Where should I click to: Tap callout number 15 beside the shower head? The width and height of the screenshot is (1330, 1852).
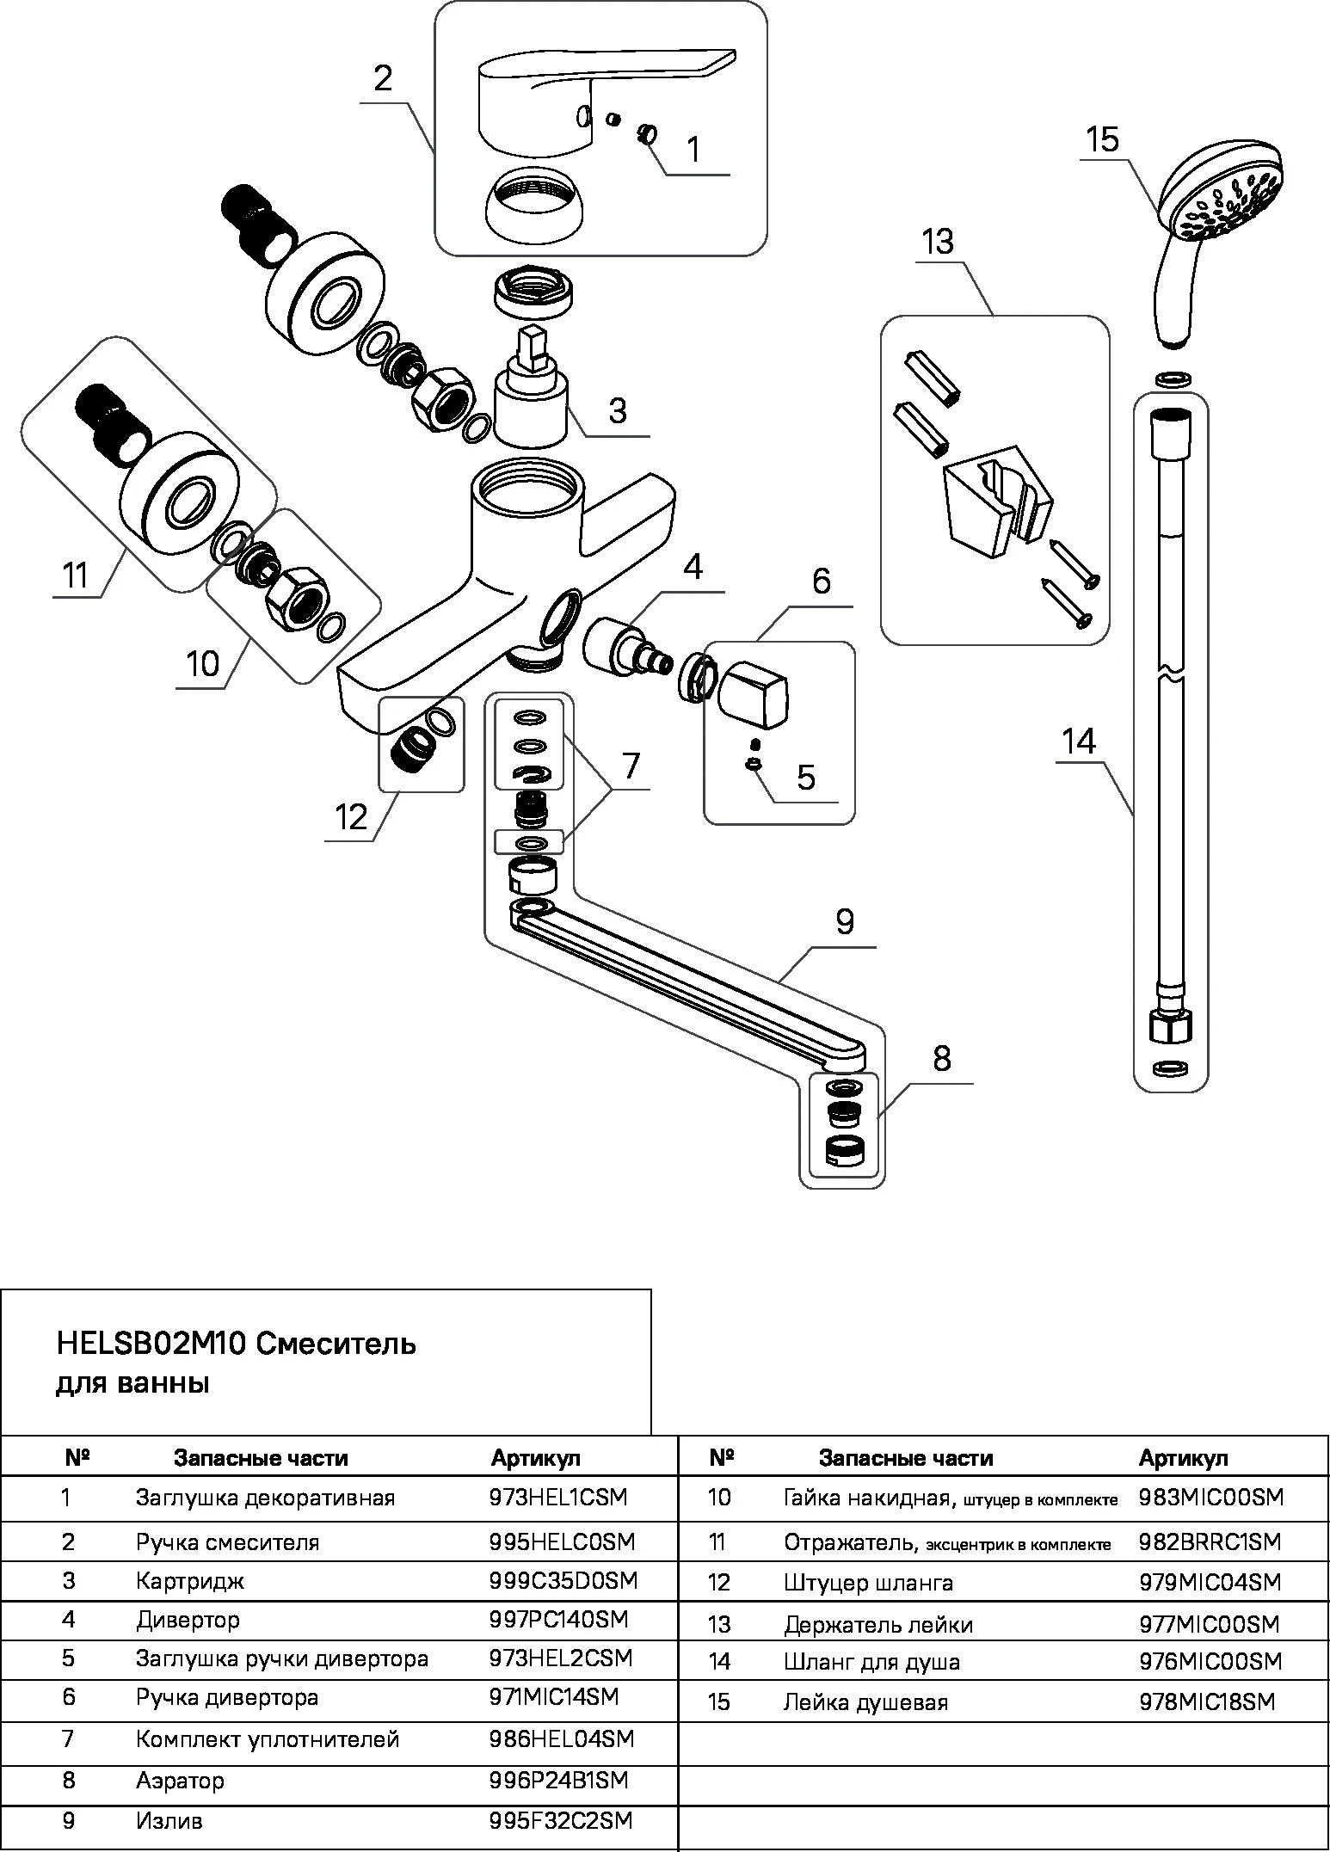pos(1102,140)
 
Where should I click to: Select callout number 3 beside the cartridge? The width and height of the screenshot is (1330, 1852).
pos(617,410)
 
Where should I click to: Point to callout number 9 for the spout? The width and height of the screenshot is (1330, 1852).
pos(844,921)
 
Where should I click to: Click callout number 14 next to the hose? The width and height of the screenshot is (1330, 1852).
pos(1079,741)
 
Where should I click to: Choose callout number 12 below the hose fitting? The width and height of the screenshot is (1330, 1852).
pos(351,816)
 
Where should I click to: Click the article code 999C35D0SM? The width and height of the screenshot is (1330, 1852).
pos(563,1580)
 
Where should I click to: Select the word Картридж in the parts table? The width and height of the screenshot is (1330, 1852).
pos(189,1580)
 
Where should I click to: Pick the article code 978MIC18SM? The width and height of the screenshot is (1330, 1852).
pos(1207,1701)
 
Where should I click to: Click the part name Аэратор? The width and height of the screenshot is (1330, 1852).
pos(180,1780)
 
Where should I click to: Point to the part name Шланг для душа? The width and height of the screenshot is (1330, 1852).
pos(871,1661)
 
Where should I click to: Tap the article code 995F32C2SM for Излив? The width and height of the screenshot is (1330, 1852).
pos(560,1820)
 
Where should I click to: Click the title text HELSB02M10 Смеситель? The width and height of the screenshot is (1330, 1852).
pos(236,1344)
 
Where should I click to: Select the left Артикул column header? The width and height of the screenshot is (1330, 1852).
pos(535,1458)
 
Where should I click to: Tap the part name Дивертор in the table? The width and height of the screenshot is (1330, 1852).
pos(188,1620)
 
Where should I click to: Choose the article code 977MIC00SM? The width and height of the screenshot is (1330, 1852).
pos(1209,1624)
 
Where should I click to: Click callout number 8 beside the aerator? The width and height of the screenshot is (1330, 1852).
pos(941,1058)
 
